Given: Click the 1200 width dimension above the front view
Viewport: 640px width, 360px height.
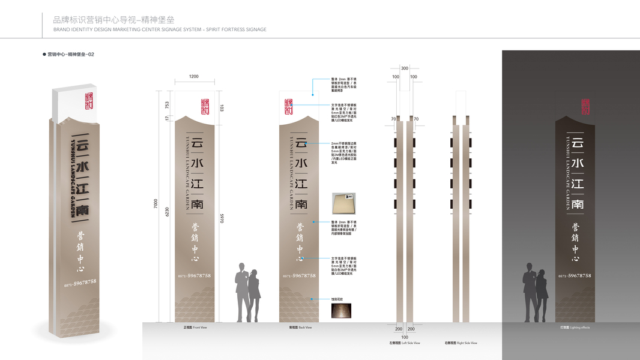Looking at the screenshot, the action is point(194,77).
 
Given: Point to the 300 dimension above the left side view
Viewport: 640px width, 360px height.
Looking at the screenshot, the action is point(404,68).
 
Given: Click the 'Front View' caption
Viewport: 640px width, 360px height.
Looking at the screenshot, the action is point(195,328).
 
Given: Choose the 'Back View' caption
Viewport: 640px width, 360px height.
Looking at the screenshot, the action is point(300,328).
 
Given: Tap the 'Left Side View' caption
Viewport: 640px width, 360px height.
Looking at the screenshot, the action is point(404,343).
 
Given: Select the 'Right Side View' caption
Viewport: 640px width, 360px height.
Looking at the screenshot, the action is point(461,343).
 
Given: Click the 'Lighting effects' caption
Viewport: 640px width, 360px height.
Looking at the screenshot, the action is point(575,328).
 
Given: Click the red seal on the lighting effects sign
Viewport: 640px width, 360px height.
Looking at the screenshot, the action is point(585,107).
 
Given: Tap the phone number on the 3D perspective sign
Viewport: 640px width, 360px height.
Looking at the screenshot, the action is point(80,281).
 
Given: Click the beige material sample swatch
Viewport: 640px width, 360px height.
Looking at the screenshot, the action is point(343,204).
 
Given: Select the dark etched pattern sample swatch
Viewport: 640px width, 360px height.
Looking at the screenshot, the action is point(341,310).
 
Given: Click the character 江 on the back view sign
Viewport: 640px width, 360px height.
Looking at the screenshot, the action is point(300,183).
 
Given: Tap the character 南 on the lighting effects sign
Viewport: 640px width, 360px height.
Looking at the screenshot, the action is point(577,203).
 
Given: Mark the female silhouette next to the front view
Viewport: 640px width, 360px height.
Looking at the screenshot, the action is point(254,294).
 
